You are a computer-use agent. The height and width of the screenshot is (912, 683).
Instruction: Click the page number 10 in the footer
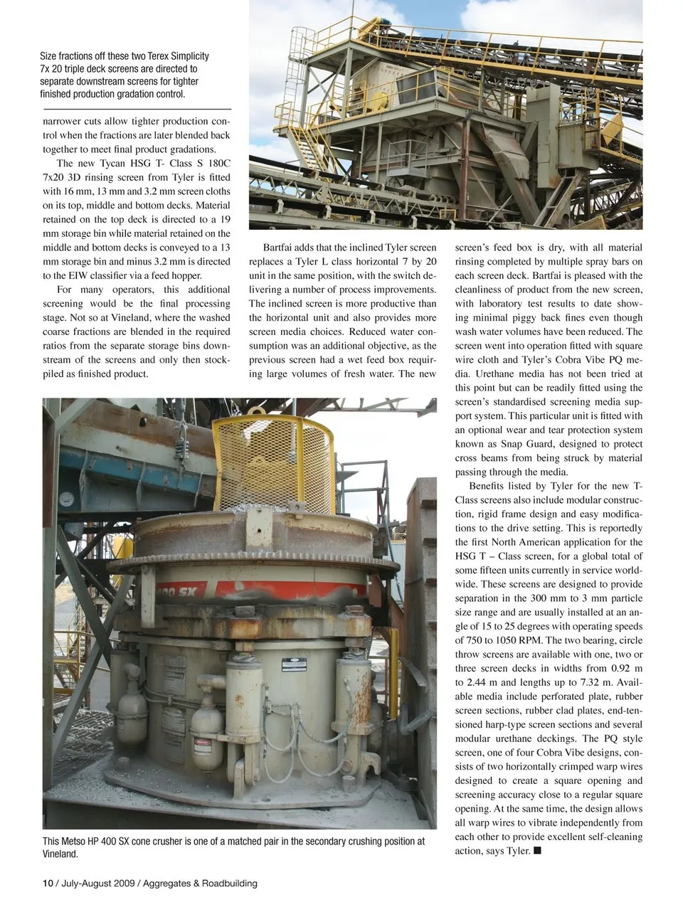48,884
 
